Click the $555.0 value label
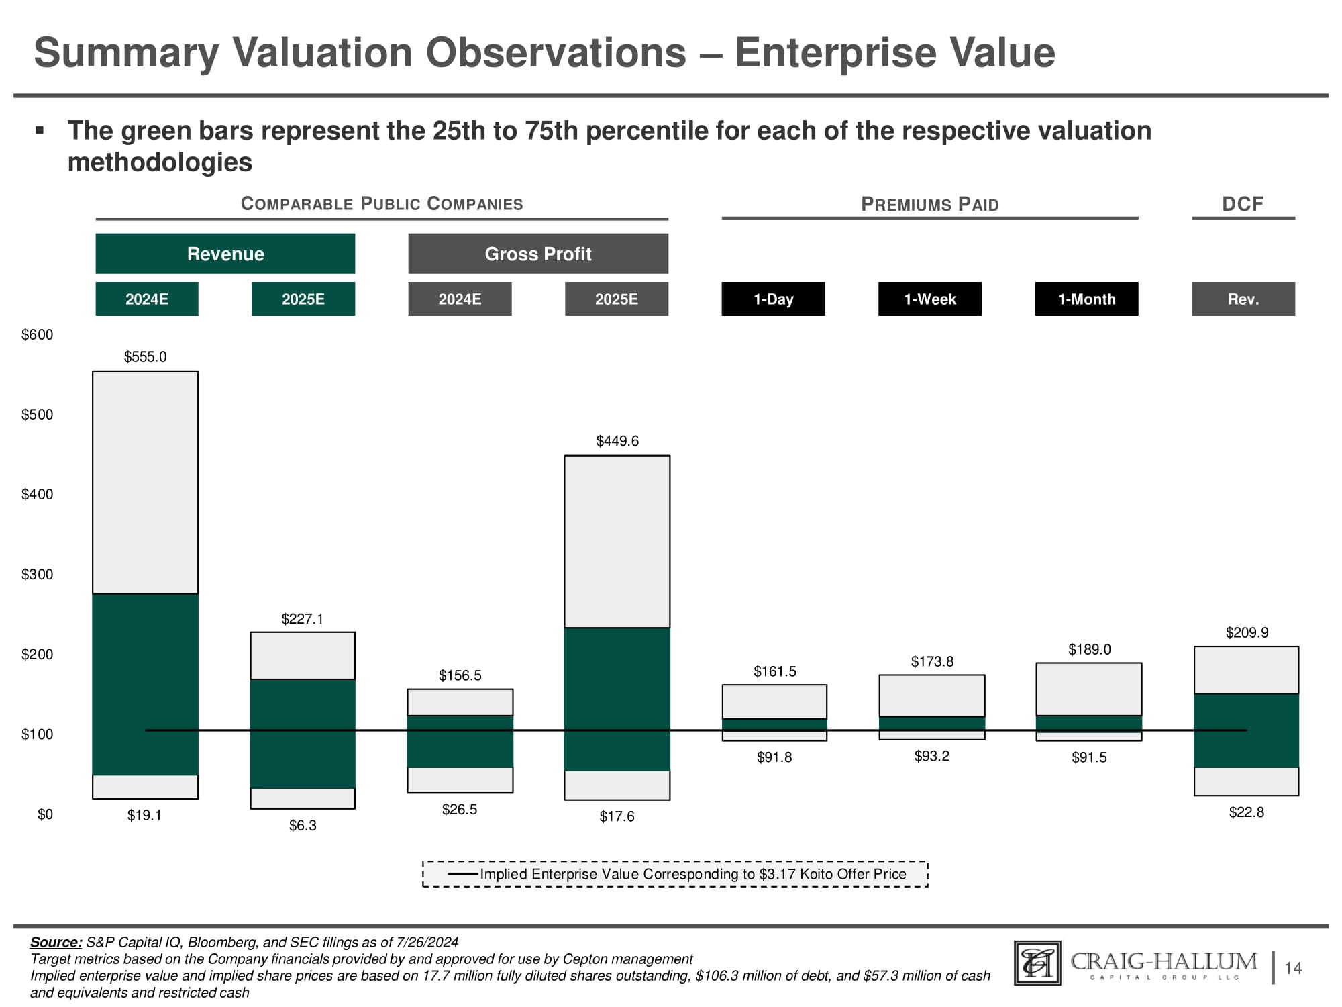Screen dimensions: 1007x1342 tap(145, 357)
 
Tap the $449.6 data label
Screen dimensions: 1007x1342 tap(617, 441)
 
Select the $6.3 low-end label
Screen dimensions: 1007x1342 tap(303, 826)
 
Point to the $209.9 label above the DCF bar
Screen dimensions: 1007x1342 tap(1247, 632)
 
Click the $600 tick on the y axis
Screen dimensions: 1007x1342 tap(38, 335)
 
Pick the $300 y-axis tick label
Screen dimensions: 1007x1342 tap(38, 575)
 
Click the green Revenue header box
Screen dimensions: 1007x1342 tap(225, 254)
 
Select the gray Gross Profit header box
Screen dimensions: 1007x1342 tap(538, 254)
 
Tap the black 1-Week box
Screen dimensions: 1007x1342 tap(930, 299)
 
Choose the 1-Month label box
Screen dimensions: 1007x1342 tap(1086, 299)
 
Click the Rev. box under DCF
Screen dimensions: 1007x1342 tap(1243, 299)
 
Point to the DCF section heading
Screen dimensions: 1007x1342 tap(1243, 204)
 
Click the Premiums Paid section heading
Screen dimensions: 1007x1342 tap(930, 205)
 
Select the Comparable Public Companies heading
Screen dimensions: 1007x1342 tap(382, 204)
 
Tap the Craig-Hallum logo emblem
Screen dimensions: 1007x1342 tap(1037, 963)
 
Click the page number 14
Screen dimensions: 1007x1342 tap(1293, 968)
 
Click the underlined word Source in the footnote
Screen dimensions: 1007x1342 tap(56, 942)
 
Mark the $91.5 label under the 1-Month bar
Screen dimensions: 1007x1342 tap(1089, 757)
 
